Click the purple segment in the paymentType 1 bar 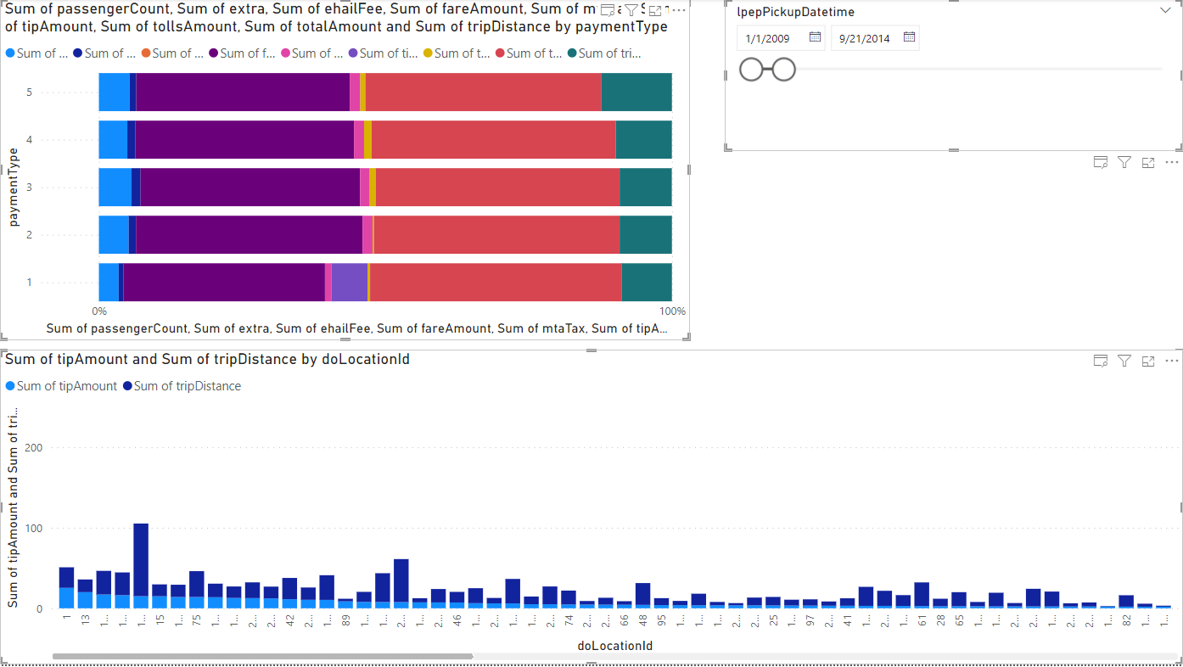point(224,282)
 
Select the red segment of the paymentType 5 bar point(483,92)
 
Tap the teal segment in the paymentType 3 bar point(645,187)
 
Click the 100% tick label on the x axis point(672,311)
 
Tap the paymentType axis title point(14,187)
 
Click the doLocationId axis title point(614,646)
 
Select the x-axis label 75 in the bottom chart point(196,619)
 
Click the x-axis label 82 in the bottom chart point(1126,619)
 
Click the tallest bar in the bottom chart point(141,565)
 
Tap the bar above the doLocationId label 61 point(922,595)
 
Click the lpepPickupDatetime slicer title point(795,12)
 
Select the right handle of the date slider point(784,70)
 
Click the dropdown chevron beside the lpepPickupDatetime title point(1164,11)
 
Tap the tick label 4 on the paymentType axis point(30,139)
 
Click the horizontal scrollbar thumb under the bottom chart point(262,656)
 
